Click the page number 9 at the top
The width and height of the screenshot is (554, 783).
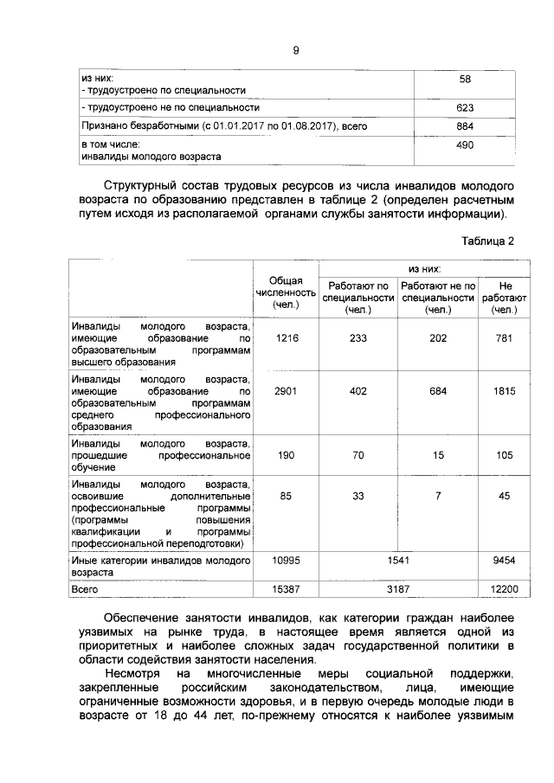295,51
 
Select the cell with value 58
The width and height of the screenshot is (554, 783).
464,79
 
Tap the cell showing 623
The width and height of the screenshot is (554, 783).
464,108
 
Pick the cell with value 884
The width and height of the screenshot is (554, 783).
464,126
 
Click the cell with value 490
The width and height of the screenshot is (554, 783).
464,145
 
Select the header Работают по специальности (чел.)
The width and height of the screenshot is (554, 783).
357,298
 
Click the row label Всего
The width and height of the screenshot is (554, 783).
85,588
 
